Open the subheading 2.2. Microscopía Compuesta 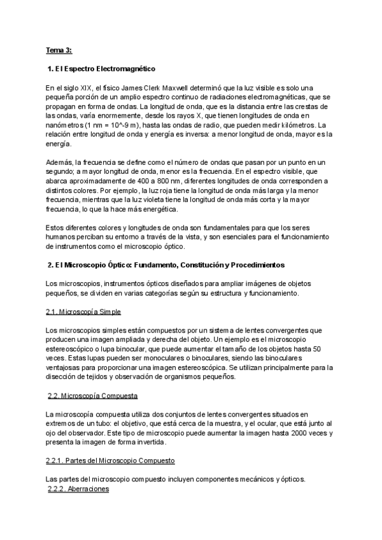point(94,396)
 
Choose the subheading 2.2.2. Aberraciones point(79,489)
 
